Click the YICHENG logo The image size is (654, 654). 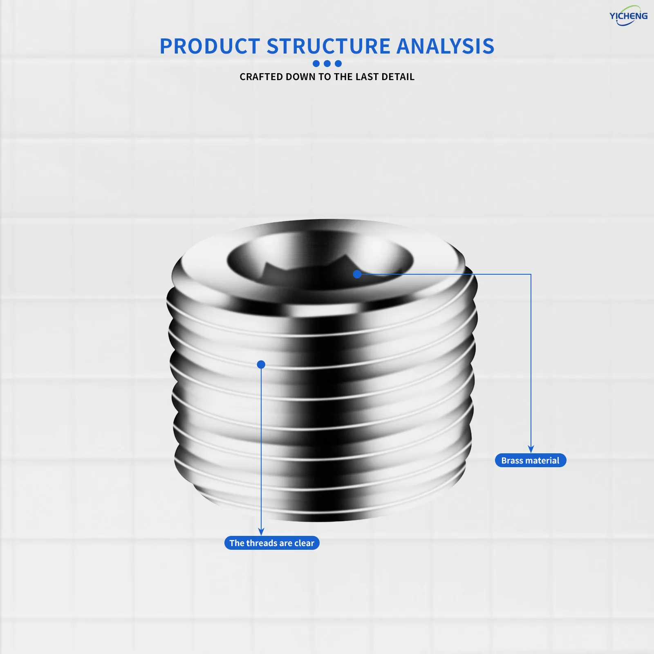click(628, 16)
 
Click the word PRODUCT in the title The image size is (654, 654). click(210, 46)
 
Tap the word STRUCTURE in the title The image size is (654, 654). click(329, 46)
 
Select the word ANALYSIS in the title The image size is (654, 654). click(446, 46)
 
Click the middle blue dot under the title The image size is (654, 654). click(327, 63)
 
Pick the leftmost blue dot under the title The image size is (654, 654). click(316, 63)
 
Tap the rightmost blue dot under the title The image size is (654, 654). click(338, 63)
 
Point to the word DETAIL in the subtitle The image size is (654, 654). click(398, 77)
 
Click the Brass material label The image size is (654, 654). click(531, 460)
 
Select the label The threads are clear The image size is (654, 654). click(272, 543)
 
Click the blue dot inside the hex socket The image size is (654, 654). click(357, 274)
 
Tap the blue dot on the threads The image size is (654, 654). click(261, 364)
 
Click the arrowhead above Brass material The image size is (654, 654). click(531, 449)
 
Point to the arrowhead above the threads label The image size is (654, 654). click(261, 532)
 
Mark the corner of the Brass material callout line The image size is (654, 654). click(531, 274)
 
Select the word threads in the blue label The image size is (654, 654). click(262, 543)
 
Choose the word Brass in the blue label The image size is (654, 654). click(512, 460)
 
